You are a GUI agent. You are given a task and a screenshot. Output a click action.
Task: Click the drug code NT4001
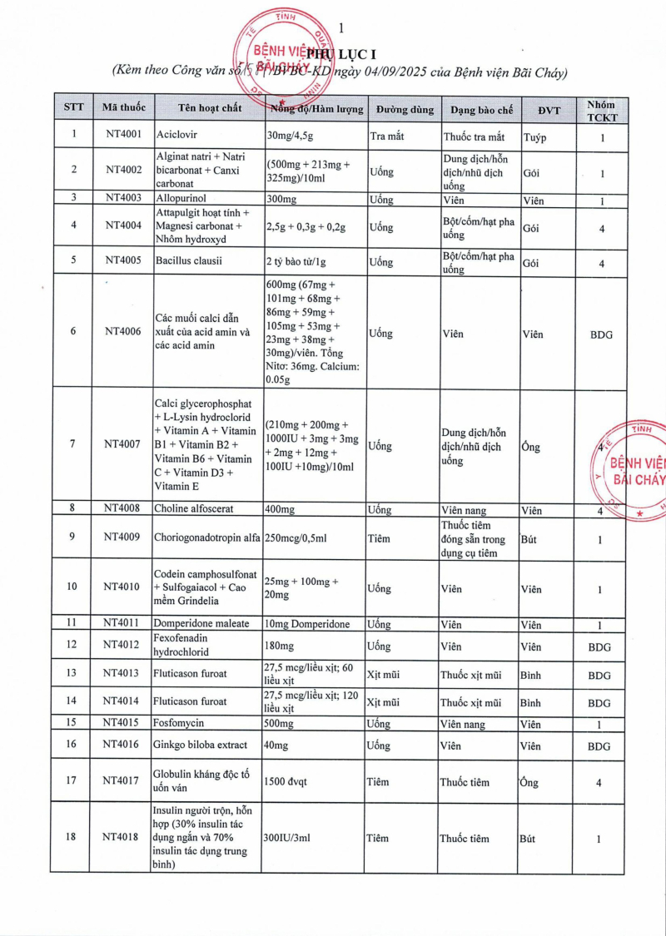(x=124, y=134)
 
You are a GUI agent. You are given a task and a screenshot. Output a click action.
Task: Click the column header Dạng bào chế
(x=481, y=109)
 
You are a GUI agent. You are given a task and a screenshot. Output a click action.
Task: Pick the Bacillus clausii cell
(x=191, y=261)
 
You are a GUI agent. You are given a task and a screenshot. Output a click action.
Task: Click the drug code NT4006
(x=124, y=332)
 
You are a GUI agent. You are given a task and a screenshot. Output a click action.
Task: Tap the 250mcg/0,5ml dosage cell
(x=296, y=537)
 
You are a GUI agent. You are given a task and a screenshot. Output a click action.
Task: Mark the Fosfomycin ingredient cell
(x=179, y=724)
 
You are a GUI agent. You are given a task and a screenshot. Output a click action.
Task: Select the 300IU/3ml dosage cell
(x=287, y=839)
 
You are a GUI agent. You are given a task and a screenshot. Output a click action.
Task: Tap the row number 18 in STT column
(x=72, y=839)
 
